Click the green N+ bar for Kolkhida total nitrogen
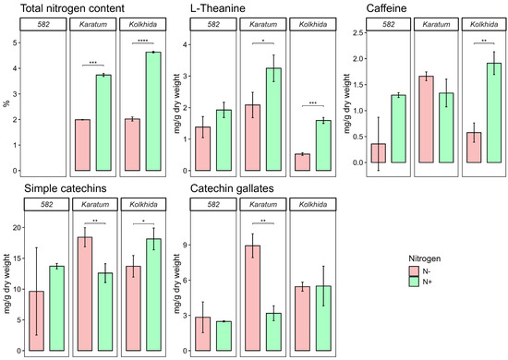click(x=153, y=112)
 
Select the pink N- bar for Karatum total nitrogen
click(x=82, y=145)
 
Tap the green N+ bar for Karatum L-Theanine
click(x=273, y=119)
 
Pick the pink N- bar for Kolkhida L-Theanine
click(x=303, y=162)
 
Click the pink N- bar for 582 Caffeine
click(x=379, y=153)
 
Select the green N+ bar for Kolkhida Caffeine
click(x=494, y=113)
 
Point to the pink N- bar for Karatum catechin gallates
click(x=253, y=298)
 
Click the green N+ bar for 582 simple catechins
click(x=56, y=308)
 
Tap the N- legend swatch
click(x=414, y=271)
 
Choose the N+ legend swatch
click(x=414, y=282)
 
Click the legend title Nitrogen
click(x=425, y=258)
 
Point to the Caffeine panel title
click(x=386, y=8)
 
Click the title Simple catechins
click(x=66, y=188)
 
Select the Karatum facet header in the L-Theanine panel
click(x=263, y=24)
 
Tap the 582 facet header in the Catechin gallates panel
click(x=213, y=204)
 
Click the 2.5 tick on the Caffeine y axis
click(x=358, y=32)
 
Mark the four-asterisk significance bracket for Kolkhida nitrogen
click(x=143, y=42)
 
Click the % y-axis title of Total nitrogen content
click(x=6, y=103)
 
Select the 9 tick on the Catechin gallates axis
click(x=186, y=245)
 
